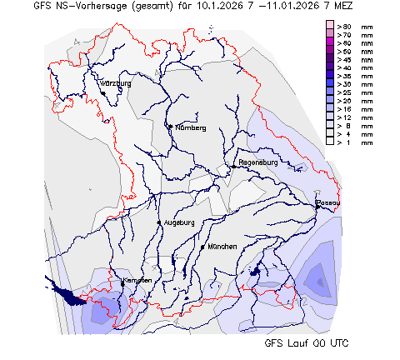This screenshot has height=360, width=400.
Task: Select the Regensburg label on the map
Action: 257,162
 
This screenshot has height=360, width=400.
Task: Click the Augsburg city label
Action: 179,222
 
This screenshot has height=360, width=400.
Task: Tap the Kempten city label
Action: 137,280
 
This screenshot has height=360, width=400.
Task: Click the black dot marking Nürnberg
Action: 171,127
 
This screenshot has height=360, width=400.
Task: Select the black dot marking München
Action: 202,247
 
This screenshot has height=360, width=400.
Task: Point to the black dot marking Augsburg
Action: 158,222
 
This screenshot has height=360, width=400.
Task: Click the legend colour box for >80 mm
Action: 330,27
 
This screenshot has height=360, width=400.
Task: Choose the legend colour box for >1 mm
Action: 330,142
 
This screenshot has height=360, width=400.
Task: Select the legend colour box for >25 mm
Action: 330,92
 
